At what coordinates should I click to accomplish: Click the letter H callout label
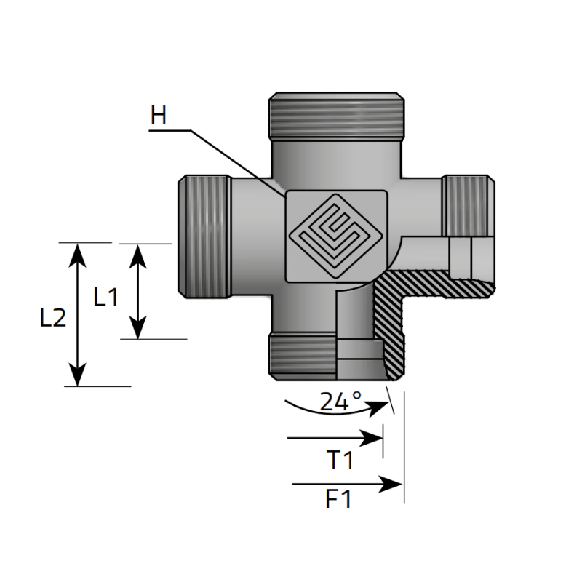point(159,115)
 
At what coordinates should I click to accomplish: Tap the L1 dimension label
point(105,297)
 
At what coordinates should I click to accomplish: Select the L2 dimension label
point(53,318)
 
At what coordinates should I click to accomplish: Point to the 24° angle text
point(340,401)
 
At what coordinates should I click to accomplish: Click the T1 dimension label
point(340,460)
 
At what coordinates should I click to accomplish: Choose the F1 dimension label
point(338,499)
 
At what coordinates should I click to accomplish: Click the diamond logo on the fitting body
point(335,236)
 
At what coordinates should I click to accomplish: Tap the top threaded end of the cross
point(336,115)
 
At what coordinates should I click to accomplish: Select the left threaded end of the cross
point(204,236)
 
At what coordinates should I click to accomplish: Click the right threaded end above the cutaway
point(468,206)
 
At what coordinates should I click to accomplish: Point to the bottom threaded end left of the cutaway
point(302,356)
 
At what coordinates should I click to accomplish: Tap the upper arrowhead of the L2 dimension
point(77,255)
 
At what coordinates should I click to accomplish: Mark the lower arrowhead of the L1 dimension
point(137,327)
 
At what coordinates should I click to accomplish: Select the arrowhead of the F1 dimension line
point(391,484)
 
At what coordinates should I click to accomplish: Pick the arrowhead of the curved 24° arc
point(378,407)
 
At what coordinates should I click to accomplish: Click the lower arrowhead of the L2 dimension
point(77,375)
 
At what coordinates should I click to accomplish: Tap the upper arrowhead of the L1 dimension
point(137,256)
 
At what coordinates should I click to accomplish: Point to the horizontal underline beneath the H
point(170,131)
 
